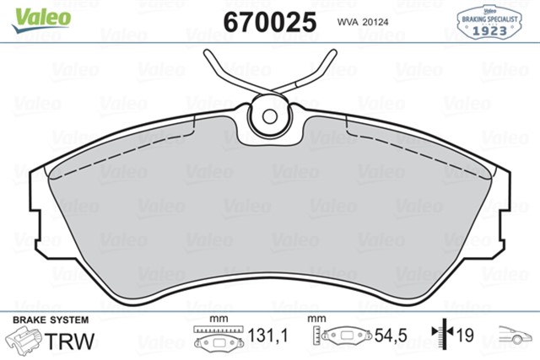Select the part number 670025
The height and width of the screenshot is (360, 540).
tap(269, 21)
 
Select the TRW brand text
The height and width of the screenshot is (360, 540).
tap(70, 341)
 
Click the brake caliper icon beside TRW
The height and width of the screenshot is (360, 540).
tap(26, 341)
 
